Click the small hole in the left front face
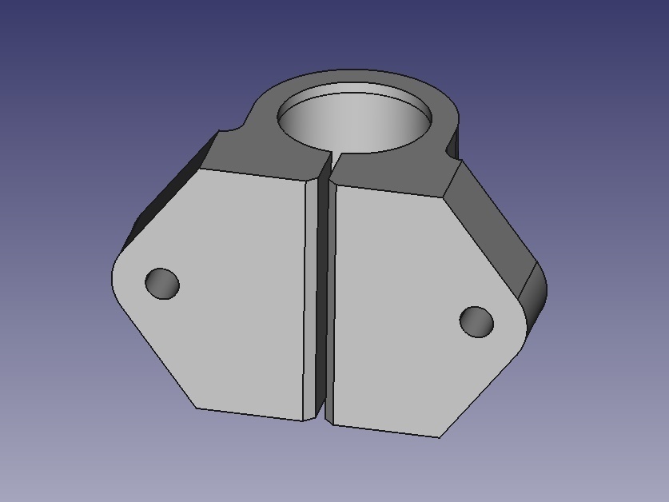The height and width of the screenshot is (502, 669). point(162,284)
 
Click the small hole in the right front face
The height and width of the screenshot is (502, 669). point(476,321)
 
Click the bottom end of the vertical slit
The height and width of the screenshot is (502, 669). point(325,419)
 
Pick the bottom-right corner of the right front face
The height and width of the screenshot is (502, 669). point(440,437)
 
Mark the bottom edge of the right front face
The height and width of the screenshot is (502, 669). point(384,429)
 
